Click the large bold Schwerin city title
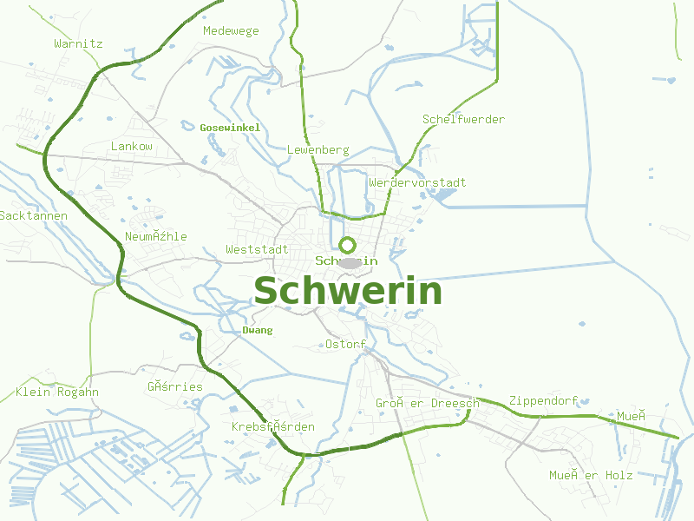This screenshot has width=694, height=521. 348,291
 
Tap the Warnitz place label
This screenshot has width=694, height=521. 78,43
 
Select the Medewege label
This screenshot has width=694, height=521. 231,31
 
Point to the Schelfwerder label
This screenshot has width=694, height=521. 463,119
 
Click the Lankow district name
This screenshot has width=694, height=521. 132,147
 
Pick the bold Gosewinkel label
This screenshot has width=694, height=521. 230,128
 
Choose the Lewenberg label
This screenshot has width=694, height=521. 318,150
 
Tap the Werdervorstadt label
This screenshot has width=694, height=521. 417,183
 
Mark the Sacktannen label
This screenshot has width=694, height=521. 33,215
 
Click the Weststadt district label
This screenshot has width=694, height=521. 257,249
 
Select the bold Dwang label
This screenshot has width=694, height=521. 258,330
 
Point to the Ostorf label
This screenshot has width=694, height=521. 345,345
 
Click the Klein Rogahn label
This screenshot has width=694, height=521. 57,392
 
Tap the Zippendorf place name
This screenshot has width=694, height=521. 543,401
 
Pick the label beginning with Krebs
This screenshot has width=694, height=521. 273,427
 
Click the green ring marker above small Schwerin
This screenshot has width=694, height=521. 348,245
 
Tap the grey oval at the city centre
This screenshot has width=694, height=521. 350,262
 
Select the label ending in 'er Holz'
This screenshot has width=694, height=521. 591,475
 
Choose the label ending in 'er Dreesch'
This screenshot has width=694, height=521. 428,404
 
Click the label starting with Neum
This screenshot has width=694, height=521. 156,237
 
